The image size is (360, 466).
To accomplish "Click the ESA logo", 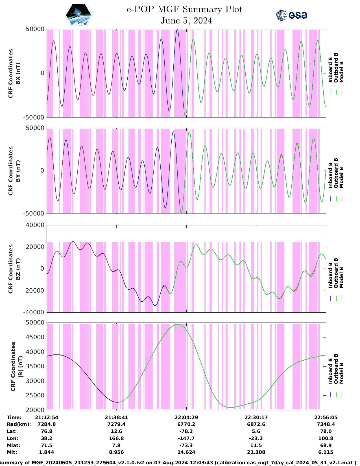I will coord(291,15).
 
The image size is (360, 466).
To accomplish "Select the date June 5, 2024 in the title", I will coord(186,21).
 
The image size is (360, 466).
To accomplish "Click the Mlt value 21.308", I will coord(256,452).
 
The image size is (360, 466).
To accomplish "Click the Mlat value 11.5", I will coord(256,445).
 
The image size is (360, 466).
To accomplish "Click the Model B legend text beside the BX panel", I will coord(341,72).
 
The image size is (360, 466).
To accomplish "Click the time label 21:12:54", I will coord(47,417).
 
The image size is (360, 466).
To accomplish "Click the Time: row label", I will coord(14,417).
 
